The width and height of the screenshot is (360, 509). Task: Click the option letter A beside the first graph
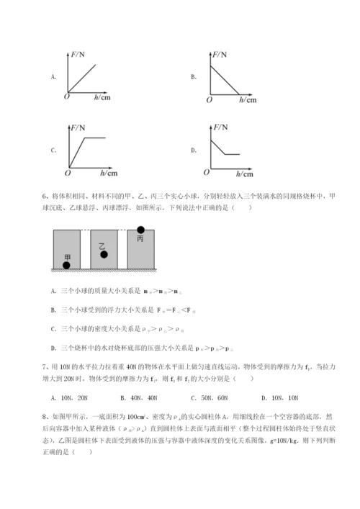(53, 74)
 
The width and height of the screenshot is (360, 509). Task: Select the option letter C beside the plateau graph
(53, 150)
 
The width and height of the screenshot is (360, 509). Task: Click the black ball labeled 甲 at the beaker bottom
(67, 265)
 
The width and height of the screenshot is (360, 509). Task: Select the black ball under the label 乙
(104, 254)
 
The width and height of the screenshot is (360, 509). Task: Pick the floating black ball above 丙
(141, 230)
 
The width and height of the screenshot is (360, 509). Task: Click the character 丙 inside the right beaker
(140, 239)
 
